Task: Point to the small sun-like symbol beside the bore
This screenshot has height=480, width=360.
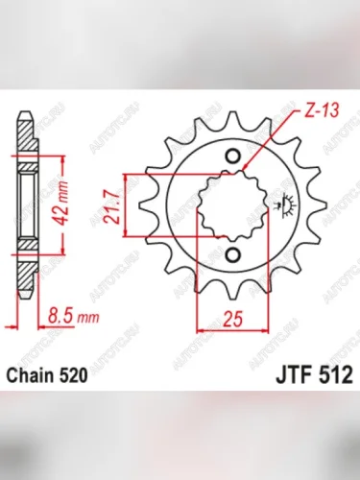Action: pyautogui.click(x=283, y=204)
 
